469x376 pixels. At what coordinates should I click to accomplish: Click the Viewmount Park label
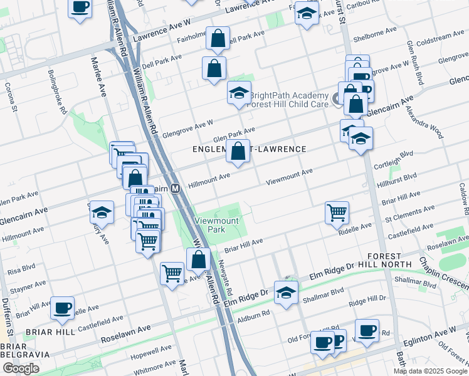click(x=216, y=225)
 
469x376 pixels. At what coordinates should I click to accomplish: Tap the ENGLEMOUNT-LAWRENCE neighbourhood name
click(x=249, y=149)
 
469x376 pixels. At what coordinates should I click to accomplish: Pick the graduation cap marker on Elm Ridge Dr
click(x=286, y=293)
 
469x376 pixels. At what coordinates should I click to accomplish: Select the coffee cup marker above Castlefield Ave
click(x=62, y=307)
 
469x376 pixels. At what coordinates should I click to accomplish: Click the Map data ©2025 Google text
click(x=429, y=371)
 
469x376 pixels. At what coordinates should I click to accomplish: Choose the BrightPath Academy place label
click(x=289, y=95)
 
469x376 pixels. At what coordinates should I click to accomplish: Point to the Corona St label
click(x=9, y=97)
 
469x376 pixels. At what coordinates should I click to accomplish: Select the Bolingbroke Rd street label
click(x=57, y=91)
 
